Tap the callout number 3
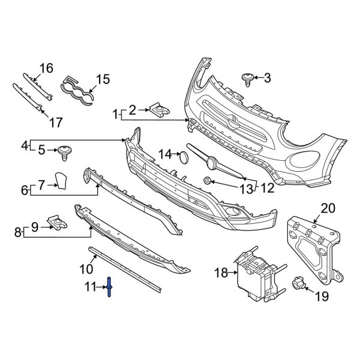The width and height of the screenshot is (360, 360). (267, 77)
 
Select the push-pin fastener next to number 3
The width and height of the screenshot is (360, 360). (247, 79)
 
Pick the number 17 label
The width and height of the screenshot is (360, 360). (55, 122)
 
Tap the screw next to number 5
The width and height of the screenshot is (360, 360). (64, 151)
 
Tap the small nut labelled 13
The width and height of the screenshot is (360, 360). (207, 181)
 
